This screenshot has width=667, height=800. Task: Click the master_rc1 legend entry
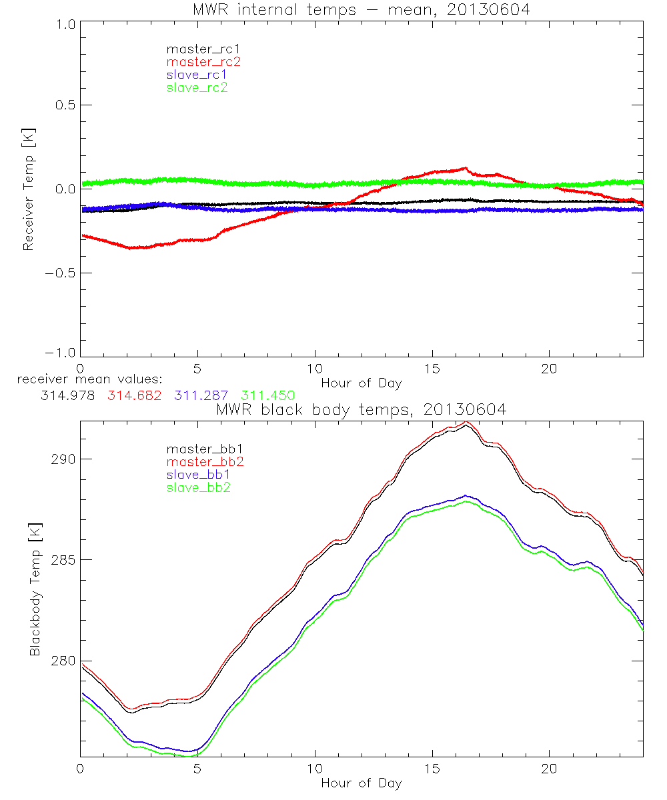click(x=197, y=49)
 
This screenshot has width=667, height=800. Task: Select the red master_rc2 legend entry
click(x=203, y=61)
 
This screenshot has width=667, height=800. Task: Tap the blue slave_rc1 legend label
click(x=197, y=74)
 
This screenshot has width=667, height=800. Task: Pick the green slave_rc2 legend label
click(x=197, y=87)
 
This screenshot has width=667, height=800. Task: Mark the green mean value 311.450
click(x=268, y=395)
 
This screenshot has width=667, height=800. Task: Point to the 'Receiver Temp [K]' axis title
click(x=28, y=189)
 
